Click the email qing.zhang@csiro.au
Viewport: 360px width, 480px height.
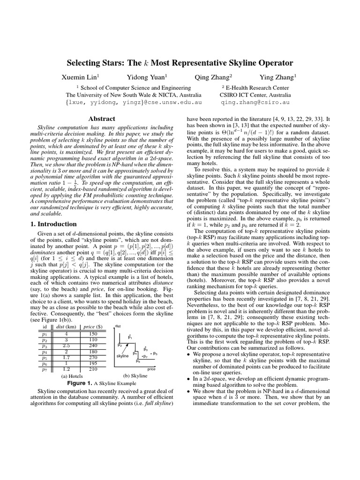point(255,101)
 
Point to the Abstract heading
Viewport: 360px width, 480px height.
point(102,119)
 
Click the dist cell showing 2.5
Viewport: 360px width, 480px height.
point(67,345)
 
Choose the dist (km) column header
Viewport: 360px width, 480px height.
point(67,327)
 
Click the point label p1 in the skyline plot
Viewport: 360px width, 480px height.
point(130,337)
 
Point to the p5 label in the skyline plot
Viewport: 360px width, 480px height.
point(155,353)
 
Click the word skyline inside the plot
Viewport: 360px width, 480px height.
point(122,357)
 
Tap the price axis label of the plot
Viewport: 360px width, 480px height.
point(151,369)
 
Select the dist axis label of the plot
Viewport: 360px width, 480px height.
point(118,326)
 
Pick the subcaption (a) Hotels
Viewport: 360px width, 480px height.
point(72,375)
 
